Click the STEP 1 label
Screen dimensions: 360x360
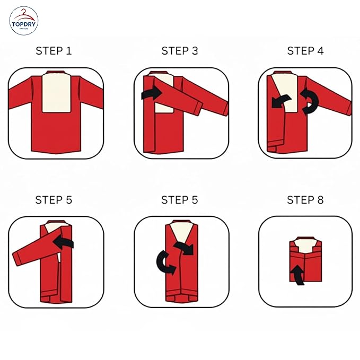coord(54,51)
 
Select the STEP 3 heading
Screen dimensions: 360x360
coord(179,51)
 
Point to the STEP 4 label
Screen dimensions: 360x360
coord(305,51)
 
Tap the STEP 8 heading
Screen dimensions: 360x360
coord(305,200)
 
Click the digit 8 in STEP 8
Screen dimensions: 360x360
coord(320,200)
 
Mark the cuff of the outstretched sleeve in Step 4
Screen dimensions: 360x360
coord(347,108)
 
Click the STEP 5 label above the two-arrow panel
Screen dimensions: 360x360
coord(179,200)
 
